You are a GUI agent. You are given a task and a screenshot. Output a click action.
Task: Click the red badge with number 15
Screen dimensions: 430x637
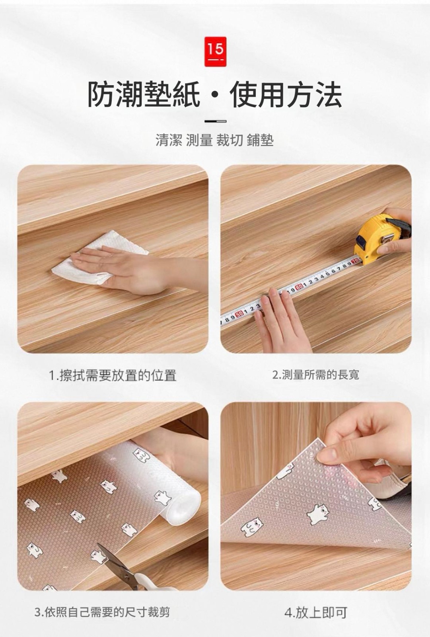216,51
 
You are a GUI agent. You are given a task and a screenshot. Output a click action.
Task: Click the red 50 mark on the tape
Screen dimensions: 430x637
239,314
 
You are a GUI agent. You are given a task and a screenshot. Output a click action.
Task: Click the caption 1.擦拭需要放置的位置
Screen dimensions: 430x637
113,375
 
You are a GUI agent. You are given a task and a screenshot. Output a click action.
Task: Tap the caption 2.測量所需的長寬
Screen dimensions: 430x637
316,375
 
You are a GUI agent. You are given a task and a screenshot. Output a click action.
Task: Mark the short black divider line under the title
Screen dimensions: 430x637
216,121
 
